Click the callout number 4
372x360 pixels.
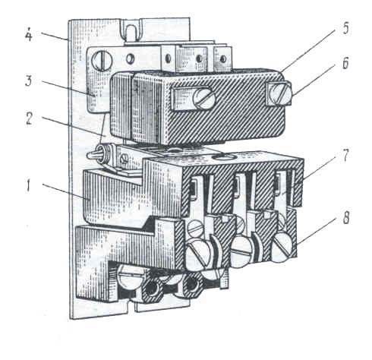(29, 35)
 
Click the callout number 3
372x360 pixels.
(28, 81)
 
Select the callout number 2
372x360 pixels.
(29, 118)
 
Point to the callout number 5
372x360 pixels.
(345, 28)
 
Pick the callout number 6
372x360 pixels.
(345, 63)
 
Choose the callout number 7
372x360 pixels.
(345, 155)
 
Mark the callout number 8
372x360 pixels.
(346, 217)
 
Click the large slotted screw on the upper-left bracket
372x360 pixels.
(102, 61)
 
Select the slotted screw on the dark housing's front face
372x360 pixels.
(203, 98)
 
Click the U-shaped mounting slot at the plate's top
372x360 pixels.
(131, 31)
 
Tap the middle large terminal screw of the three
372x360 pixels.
(242, 252)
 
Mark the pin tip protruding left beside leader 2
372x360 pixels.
(89, 155)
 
